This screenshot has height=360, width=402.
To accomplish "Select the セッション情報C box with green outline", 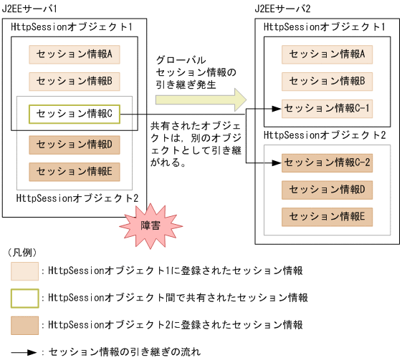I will click(x=75, y=113).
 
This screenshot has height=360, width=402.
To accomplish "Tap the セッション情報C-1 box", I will click(x=327, y=109).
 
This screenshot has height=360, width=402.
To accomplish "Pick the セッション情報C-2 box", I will click(x=327, y=162).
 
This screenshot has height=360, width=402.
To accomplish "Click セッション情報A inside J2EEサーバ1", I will click(x=75, y=54).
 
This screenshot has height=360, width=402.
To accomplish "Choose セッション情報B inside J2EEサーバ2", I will click(x=327, y=81).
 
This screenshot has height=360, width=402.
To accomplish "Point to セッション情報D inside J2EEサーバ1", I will click(x=75, y=145).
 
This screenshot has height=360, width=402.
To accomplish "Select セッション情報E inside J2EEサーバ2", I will click(x=327, y=216).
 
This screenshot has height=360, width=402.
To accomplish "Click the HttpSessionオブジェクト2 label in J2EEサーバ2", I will click(x=325, y=135).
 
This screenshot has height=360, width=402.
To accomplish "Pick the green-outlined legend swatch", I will click(x=24, y=297).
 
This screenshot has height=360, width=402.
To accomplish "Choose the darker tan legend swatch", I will click(x=24, y=324).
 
